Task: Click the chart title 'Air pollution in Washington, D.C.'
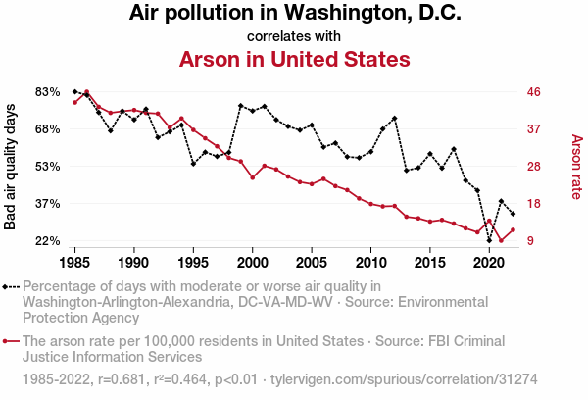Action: (294, 14)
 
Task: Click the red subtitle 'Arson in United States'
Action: (294, 59)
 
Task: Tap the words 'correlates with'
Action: (294, 36)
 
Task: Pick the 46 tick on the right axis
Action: (534, 91)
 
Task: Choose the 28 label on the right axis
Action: (534, 166)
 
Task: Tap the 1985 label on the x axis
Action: (75, 263)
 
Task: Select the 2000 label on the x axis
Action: (253, 263)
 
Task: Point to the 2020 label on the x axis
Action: (489, 263)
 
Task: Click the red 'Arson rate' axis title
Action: (576, 166)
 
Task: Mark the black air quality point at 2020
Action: (489, 239)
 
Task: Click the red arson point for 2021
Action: (501, 240)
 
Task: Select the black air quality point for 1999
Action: (241, 105)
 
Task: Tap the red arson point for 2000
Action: (253, 177)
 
